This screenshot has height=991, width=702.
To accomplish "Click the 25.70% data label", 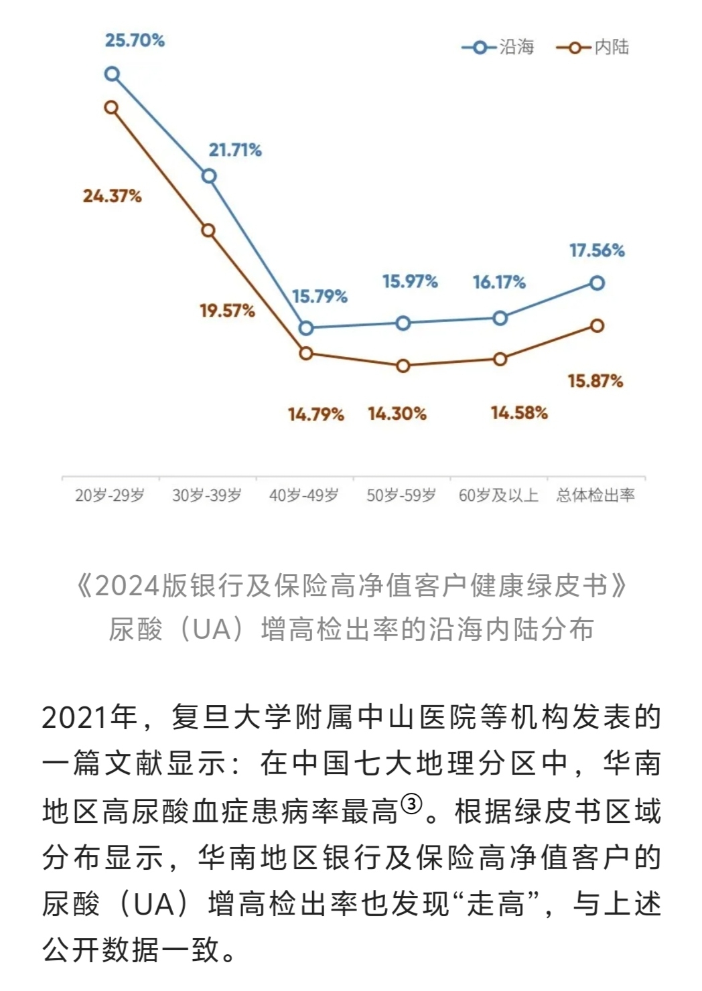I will click(x=135, y=40).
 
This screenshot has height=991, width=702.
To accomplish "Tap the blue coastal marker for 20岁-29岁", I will click(x=113, y=74).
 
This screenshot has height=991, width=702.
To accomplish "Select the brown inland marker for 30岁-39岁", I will click(x=208, y=231).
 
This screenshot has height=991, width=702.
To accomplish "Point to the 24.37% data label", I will click(x=112, y=196).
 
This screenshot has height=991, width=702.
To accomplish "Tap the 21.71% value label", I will click(x=235, y=150).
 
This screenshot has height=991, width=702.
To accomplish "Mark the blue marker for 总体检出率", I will click(x=597, y=283).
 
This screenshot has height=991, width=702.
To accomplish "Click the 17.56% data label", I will click(x=597, y=251).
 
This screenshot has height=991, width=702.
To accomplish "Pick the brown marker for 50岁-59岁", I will click(x=403, y=366).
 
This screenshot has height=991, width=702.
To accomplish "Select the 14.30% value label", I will click(x=397, y=414).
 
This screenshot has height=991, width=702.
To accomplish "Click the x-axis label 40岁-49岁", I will click(x=303, y=495).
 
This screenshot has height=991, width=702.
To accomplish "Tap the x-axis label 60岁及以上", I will click(x=498, y=495).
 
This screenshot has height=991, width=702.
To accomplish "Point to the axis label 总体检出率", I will click(x=595, y=495).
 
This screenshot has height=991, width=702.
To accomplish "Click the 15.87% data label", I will click(x=595, y=382).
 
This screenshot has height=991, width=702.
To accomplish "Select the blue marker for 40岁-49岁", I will click(x=306, y=328).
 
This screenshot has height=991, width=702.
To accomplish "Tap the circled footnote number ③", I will click(x=411, y=803).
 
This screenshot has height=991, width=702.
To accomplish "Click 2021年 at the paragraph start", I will click(x=90, y=718).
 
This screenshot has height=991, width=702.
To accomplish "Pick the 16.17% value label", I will click(x=499, y=283).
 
